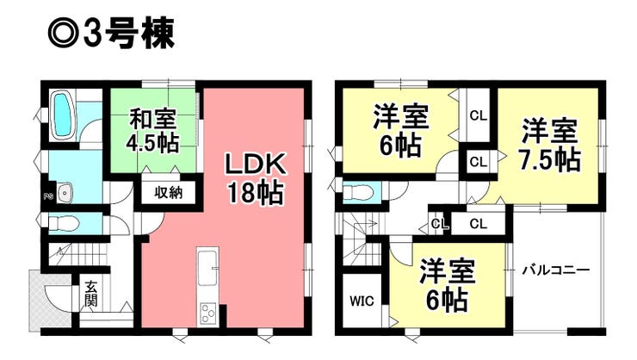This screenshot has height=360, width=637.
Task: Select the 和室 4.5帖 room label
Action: (x=152, y=131)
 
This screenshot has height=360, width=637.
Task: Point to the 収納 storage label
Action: (x=168, y=193)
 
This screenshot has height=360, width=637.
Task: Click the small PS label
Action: (x=47, y=197)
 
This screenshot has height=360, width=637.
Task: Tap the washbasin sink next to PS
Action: (x=65, y=193)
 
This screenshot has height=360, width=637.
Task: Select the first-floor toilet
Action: (x=64, y=223)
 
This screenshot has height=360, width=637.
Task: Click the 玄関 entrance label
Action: (x=91, y=294)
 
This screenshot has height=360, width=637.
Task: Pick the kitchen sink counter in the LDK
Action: (x=207, y=266)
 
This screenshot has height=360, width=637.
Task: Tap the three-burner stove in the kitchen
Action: (x=207, y=313)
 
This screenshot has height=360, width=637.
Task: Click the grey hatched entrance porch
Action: (x=49, y=301)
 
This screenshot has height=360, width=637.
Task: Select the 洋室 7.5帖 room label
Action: (x=550, y=145)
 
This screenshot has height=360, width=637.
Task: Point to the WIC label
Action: (x=362, y=301)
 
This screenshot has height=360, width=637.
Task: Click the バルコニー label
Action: (x=556, y=270)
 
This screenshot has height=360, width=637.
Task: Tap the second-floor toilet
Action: (x=358, y=191)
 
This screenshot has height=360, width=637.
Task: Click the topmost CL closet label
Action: (x=478, y=115)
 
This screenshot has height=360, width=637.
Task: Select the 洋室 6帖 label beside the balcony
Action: (x=447, y=285)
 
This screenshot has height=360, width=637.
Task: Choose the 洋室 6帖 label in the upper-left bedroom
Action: (x=400, y=131)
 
